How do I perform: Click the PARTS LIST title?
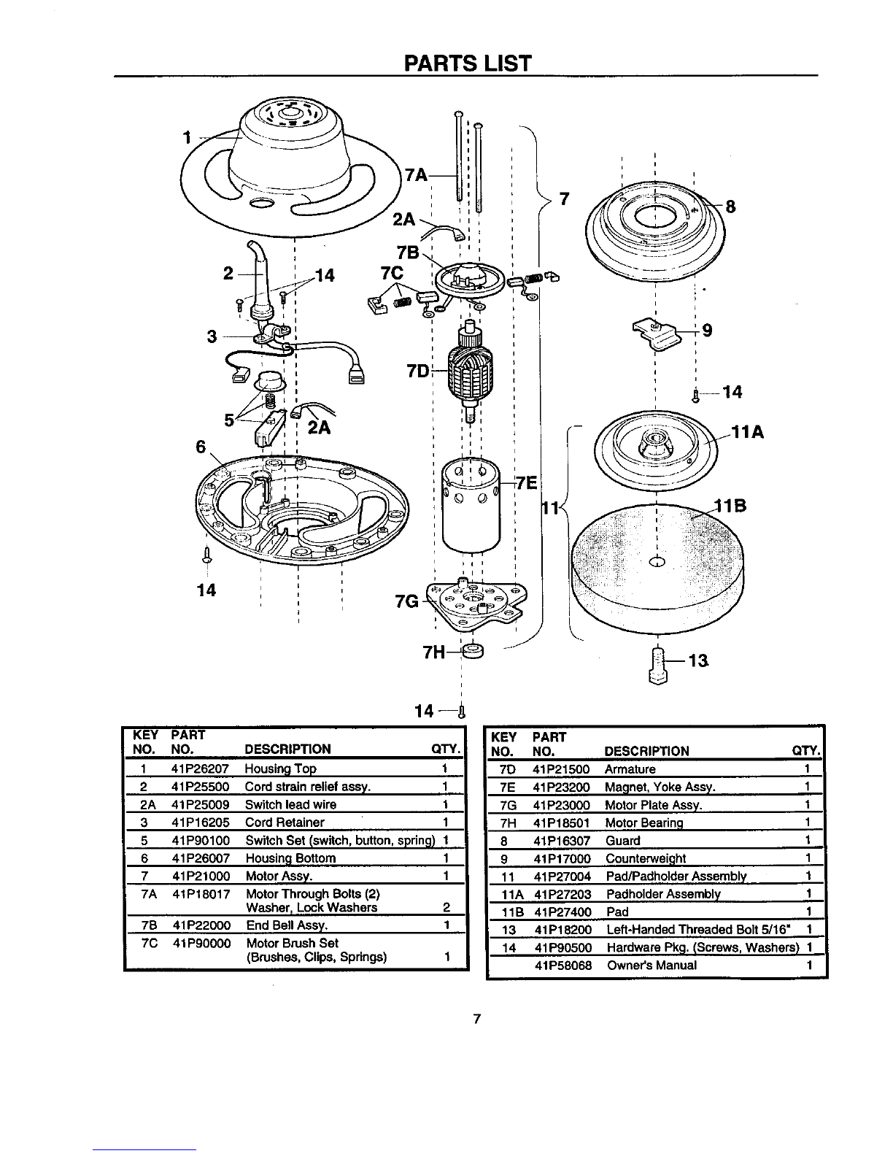pyautogui.click(x=468, y=63)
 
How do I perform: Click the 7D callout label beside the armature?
pyautogui.click(x=418, y=371)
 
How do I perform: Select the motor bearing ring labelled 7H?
pyautogui.click(x=473, y=651)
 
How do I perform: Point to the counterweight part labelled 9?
pyautogui.click(x=657, y=334)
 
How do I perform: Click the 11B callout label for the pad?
pyautogui.click(x=730, y=505)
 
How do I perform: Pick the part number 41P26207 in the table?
pyautogui.click(x=200, y=768)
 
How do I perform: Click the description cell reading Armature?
pyautogui.click(x=630, y=769)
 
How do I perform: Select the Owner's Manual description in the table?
pyautogui.click(x=652, y=966)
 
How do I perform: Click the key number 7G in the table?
pyautogui.click(x=509, y=806)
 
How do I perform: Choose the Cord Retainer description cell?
pyautogui.click(x=285, y=822)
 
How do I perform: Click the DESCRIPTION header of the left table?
pyautogui.click(x=287, y=749)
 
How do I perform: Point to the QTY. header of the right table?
pyautogui.click(x=806, y=751)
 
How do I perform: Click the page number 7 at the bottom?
pyautogui.click(x=477, y=1019)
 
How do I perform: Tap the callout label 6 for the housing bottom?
pyautogui.click(x=201, y=447)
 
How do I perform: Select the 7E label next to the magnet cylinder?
pyautogui.click(x=526, y=483)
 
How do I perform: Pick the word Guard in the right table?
pyautogui.click(x=623, y=841)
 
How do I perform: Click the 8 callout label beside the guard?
pyautogui.click(x=731, y=207)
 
